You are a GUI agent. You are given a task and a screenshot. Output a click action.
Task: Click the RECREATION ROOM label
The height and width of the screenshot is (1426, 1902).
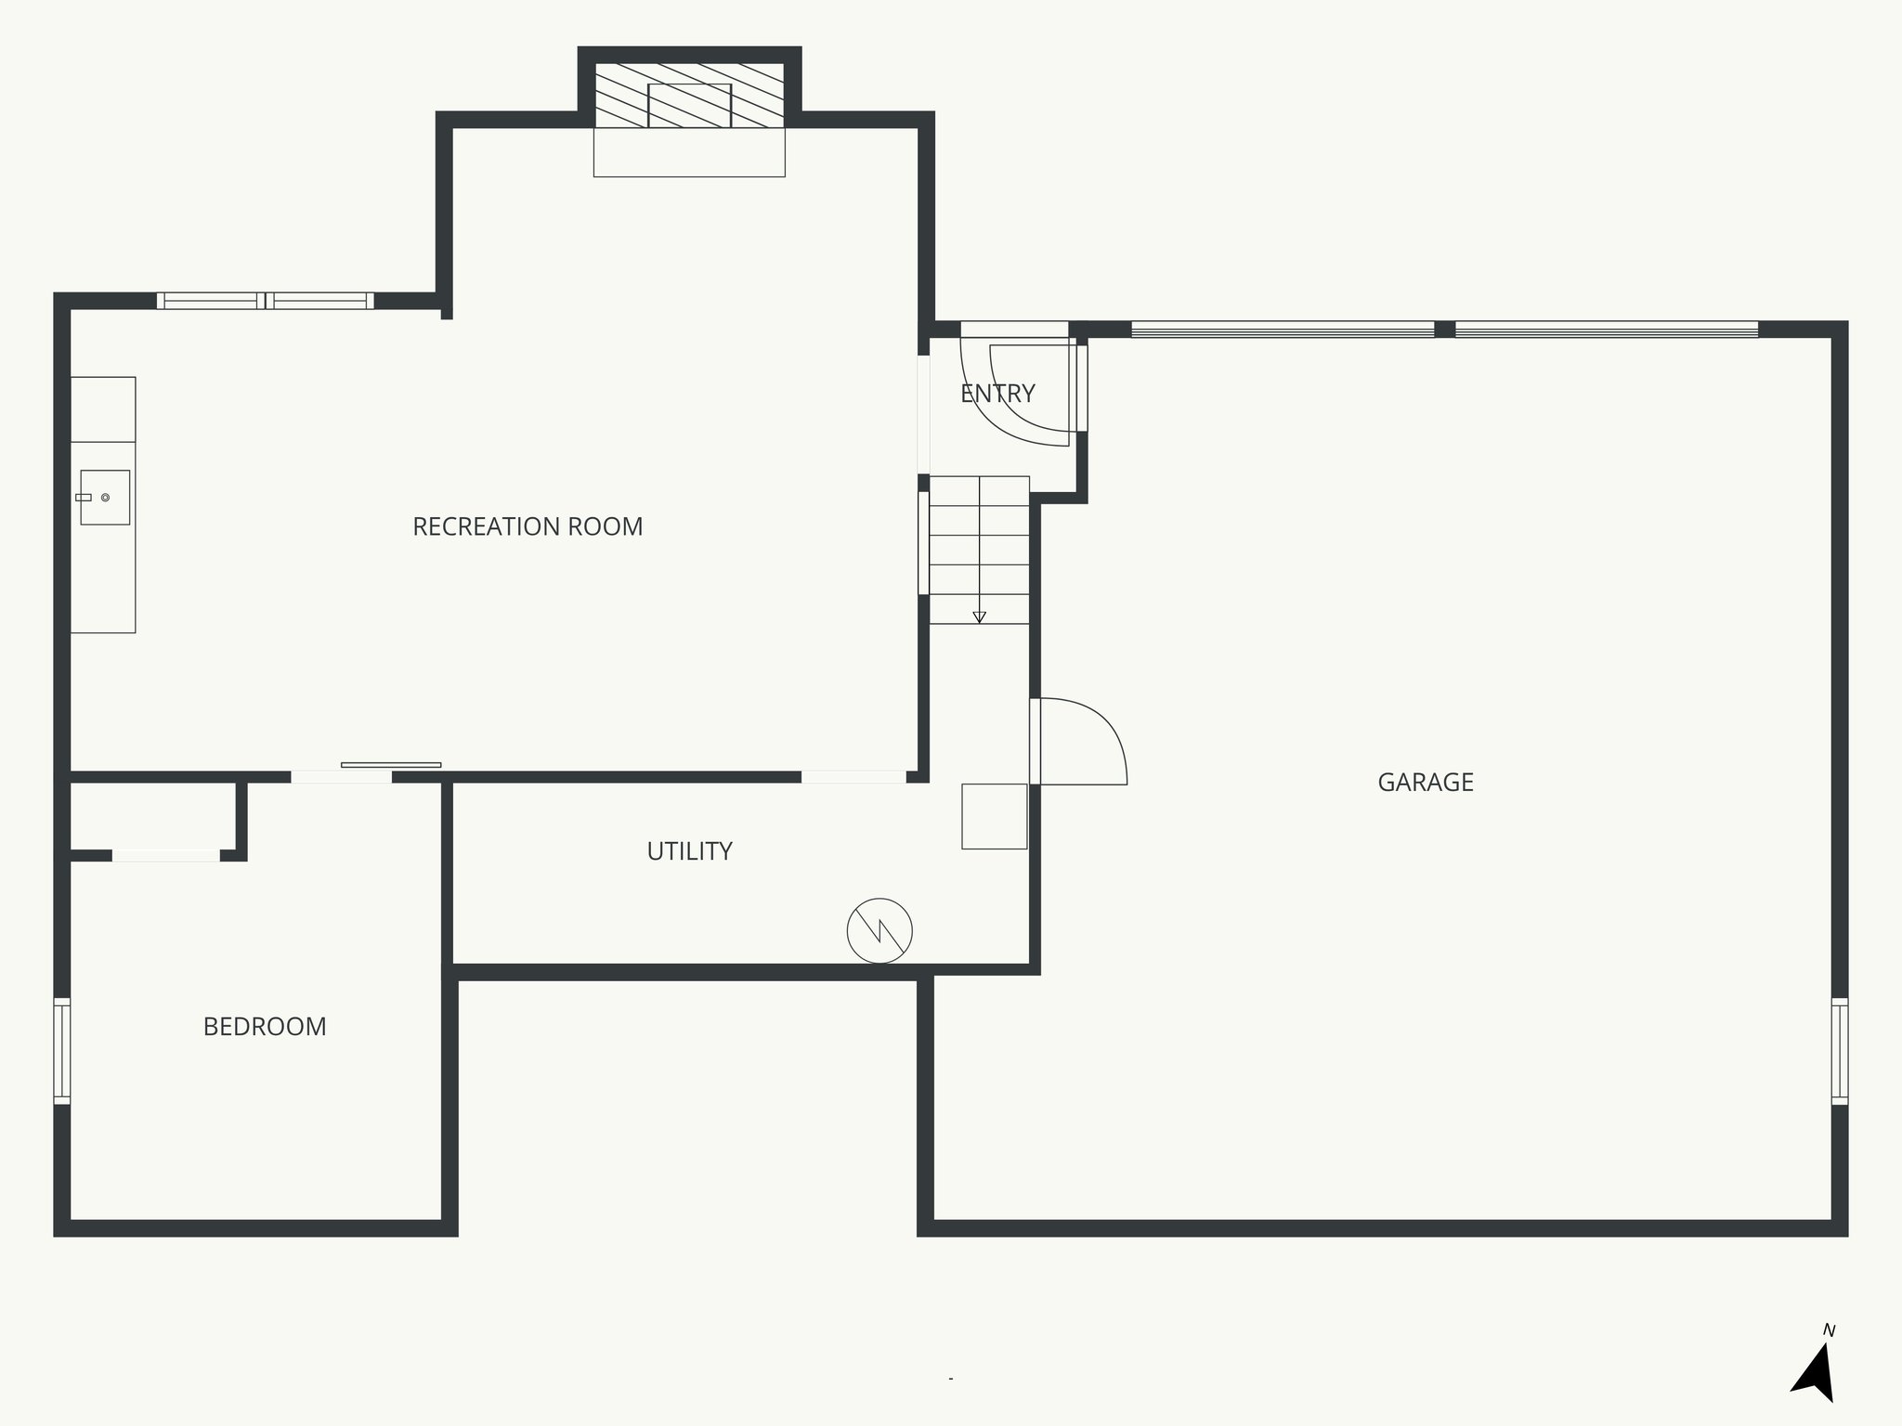(528, 526)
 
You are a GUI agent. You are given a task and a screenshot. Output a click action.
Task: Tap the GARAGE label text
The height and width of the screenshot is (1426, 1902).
(1426, 782)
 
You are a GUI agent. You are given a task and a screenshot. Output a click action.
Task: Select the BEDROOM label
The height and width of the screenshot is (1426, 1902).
(265, 1026)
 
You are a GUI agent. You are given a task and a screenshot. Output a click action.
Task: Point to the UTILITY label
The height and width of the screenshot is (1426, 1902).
(689, 850)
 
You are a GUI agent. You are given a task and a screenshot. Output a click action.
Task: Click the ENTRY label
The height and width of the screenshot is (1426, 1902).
(997, 394)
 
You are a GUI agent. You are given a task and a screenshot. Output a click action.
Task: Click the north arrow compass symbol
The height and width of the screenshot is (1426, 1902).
(1817, 1375)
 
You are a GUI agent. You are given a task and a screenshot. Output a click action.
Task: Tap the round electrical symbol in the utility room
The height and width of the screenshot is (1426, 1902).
(879, 930)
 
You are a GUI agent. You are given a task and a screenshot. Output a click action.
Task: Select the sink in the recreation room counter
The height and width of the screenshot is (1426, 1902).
(104, 498)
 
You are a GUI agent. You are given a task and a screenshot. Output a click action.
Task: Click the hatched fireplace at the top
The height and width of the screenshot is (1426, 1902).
(689, 96)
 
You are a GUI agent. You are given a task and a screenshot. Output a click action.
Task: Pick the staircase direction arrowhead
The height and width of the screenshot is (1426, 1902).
(979, 617)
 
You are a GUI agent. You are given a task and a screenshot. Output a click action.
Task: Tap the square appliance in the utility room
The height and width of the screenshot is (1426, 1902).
(994, 816)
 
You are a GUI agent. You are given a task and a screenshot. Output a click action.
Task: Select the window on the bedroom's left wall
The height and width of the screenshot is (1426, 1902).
(62, 1051)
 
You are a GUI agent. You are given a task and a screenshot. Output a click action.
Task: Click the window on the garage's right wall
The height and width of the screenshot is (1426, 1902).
(1839, 1051)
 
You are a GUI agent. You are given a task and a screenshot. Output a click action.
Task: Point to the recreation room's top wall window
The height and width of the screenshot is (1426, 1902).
(265, 301)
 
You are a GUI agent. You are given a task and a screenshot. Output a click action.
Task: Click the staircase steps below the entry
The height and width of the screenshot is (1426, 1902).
(979, 548)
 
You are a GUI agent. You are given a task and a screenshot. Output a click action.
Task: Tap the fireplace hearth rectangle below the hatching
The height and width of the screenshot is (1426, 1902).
(689, 152)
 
